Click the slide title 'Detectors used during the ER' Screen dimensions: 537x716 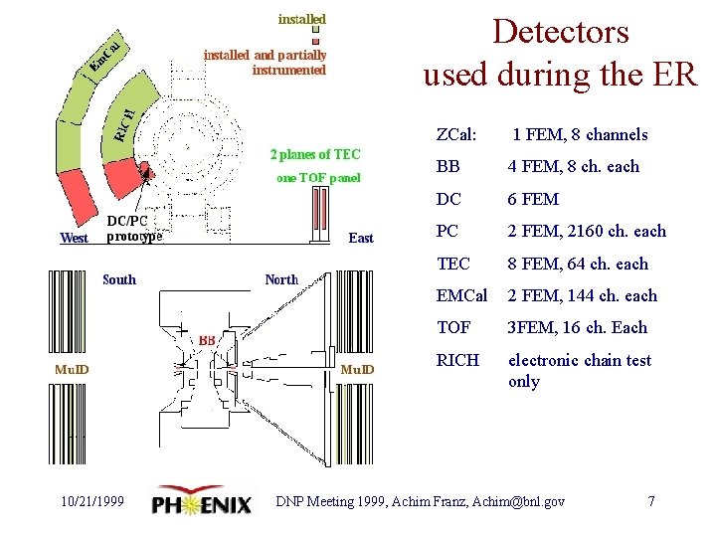pos(560,52)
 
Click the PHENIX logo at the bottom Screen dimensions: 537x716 pos(202,502)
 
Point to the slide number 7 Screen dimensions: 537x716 pos(651,501)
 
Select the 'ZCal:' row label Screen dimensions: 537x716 pos(456,134)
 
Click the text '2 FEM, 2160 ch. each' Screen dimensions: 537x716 pos(587,231)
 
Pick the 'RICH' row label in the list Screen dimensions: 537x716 pos(457,360)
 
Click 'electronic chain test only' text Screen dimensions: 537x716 pos(579,371)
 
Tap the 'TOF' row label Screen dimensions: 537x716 pos(454,327)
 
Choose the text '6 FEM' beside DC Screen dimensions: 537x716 pos(533,199)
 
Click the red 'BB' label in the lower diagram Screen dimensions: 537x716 pos(207,340)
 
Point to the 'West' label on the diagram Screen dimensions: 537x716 pos(74,238)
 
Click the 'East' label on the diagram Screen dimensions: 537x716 pos(361,238)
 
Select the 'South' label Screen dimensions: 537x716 pos(119,279)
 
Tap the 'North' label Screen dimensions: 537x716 pos(281,279)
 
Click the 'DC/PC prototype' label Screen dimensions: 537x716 pos(134,229)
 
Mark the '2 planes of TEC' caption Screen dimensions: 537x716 pos(315,154)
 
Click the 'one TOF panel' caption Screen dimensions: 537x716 pos(318,179)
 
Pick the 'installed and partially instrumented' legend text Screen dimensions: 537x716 pos(265,63)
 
